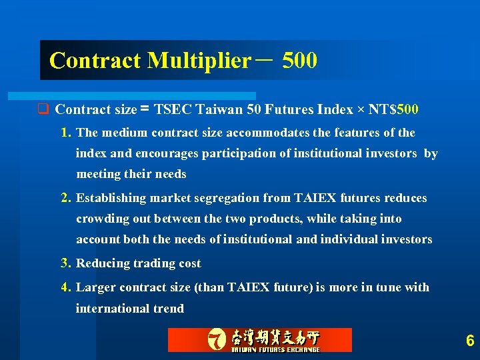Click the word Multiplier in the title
(198, 61)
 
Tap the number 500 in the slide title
(299, 61)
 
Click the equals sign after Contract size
(144, 109)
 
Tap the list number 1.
(65, 133)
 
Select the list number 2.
(65, 198)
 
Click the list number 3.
(65, 263)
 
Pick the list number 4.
(65, 287)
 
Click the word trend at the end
(168, 309)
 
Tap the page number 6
(470, 341)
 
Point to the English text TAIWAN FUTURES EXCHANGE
(275, 349)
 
